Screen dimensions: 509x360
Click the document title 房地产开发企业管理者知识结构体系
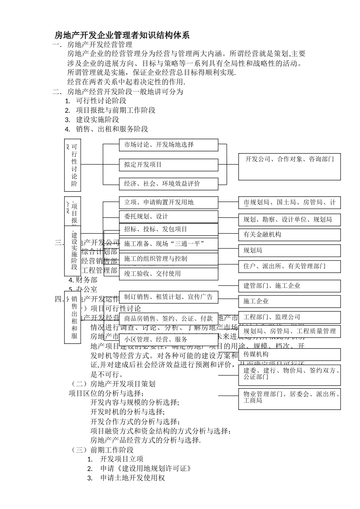122,36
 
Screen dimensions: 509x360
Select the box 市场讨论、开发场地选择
168,145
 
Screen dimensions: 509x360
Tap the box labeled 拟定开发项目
168,165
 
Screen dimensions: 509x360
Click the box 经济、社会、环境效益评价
168,184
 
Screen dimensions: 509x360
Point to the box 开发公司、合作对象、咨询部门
290,166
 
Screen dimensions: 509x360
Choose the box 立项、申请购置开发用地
168,203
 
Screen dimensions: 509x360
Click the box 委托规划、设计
168,217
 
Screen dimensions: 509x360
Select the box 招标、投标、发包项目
168,230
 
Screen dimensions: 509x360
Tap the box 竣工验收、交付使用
168,274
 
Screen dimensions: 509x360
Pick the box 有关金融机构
290,235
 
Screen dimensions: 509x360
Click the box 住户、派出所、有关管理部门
290,266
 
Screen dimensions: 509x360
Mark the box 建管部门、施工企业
290,286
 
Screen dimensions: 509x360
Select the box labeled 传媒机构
290,354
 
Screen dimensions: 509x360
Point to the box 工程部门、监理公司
290,317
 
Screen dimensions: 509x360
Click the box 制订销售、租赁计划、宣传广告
168,297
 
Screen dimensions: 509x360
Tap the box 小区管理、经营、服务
168,340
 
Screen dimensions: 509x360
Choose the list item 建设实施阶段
97,120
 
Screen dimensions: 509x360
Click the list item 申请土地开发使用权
133,478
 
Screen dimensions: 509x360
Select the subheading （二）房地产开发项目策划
113,384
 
